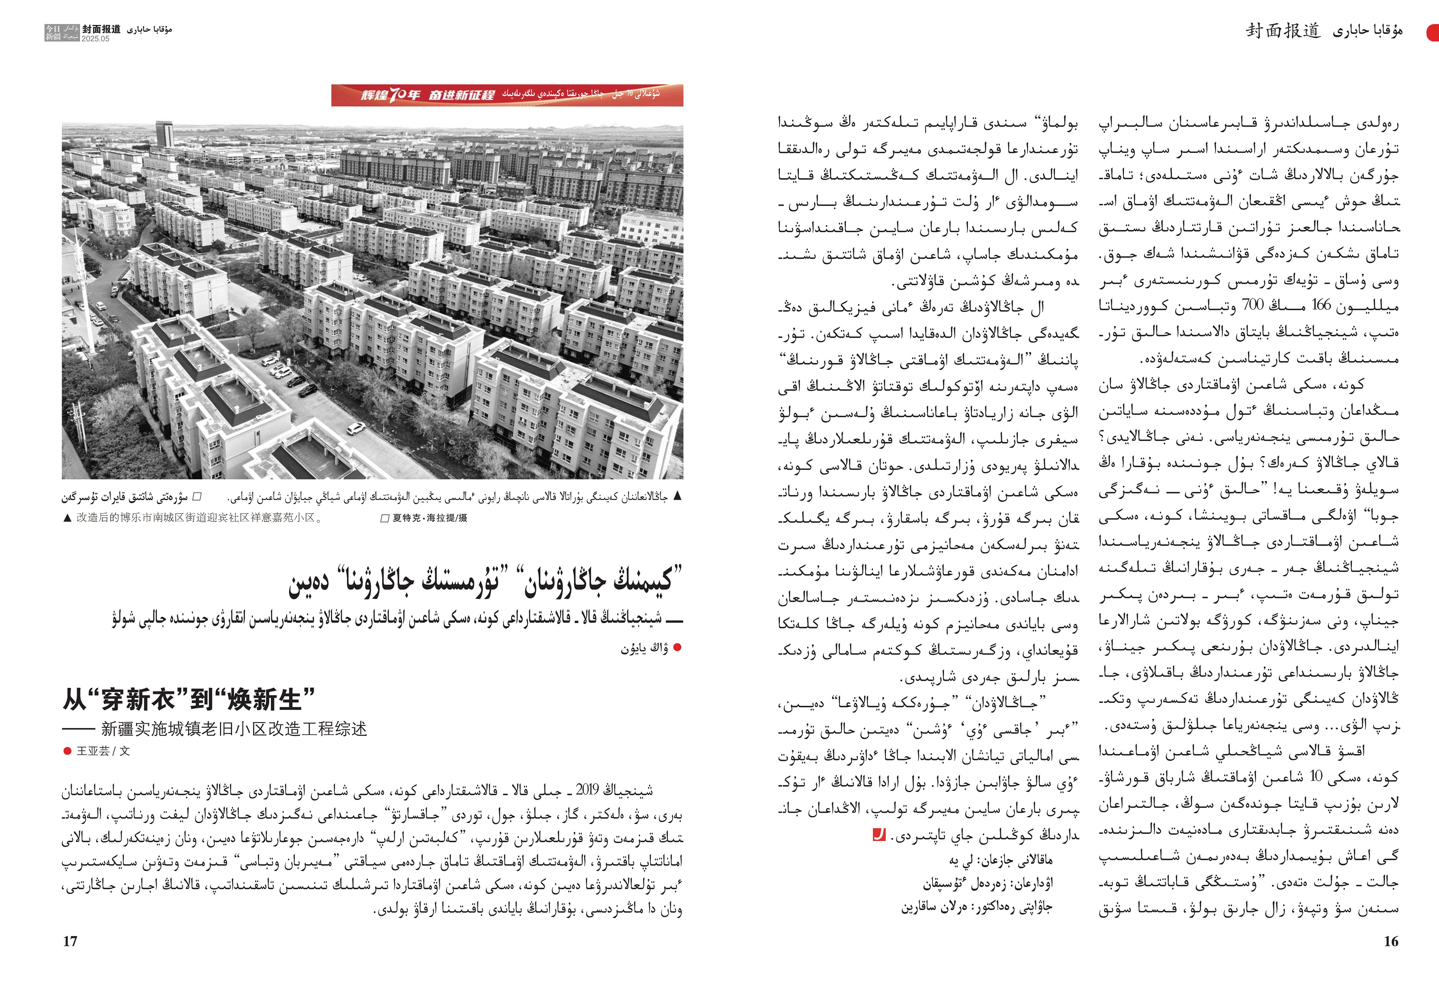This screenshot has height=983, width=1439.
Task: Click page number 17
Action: [x=70, y=941]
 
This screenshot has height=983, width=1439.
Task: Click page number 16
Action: [x=1391, y=941]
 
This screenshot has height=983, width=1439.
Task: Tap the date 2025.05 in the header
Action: [x=95, y=38]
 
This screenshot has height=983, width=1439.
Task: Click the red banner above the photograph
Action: [x=507, y=95]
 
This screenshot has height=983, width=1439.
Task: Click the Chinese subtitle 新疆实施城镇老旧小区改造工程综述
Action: [x=234, y=728]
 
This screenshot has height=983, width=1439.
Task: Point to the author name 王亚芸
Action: [x=93, y=751]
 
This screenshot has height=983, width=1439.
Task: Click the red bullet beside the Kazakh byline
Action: [x=677, y=648]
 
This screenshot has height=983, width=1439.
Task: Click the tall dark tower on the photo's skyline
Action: [x=163, y=134]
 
